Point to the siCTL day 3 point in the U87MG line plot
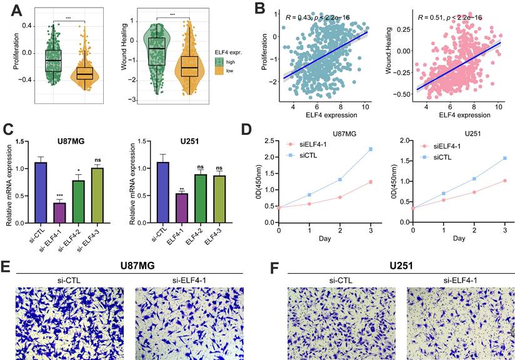[371, 149]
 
